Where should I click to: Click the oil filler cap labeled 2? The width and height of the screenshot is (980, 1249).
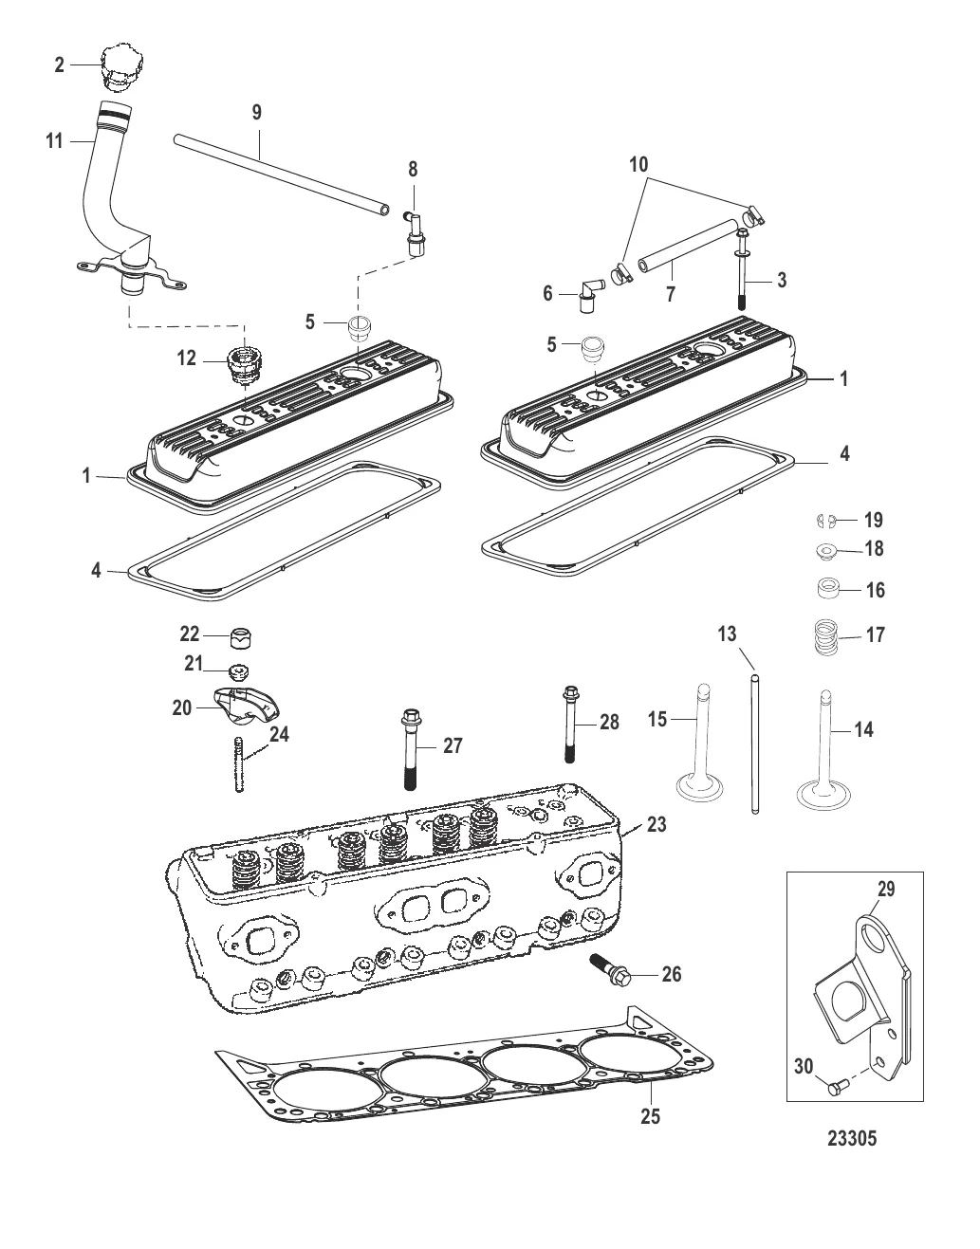tap(121, 66)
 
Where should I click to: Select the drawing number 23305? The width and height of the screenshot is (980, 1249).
tap(852, 1138)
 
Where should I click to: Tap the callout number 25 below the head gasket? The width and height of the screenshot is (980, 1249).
tap(650, 1116)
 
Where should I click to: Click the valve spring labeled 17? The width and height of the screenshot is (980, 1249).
tap(826, 637)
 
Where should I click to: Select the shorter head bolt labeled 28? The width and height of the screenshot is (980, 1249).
tap(571, 725)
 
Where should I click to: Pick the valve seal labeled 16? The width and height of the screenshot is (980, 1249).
tap(829, 589)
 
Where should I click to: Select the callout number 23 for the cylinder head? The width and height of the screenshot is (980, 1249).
tap(656, 825)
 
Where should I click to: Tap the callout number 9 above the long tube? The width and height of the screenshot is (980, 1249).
tap(257, 112)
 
